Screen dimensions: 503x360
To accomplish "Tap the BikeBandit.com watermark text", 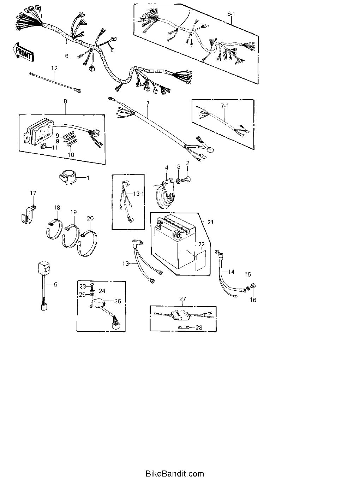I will point(175,474).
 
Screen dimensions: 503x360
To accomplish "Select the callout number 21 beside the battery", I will point(210,222).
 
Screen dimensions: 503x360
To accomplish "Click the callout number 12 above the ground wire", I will point(54,68).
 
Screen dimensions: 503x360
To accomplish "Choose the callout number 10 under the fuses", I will point(71,155).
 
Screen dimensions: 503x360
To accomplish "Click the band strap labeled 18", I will point(55,230).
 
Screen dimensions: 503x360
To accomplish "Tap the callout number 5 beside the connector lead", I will point(55,284).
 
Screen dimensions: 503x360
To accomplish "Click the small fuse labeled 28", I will point(186,328).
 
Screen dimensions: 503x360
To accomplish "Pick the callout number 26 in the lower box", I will point(118,301).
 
